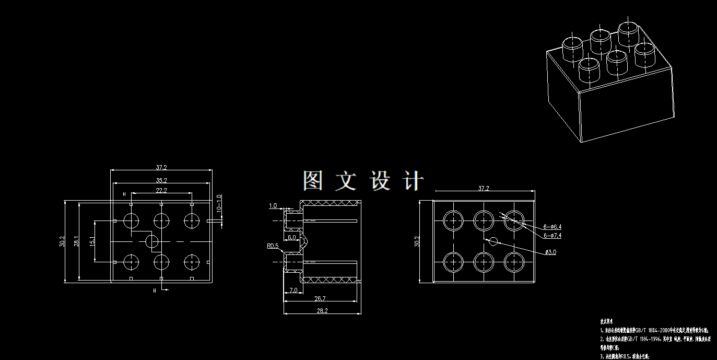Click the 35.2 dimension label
click(161, 180)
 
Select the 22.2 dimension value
click(161, 190)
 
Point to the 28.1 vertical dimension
click(76, 241)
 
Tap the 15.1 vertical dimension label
click(92, 241)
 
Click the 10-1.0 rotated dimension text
click(219, 203)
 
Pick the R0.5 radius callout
click(273, 246)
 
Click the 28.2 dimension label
click(322, 311)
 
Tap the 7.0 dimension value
click(292, 289)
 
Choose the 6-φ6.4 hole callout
click(552, 227)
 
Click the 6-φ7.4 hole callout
click(552, 236)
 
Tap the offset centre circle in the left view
click(152, 241)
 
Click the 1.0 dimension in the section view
click(273, 206)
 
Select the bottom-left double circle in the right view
click(453, 261)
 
